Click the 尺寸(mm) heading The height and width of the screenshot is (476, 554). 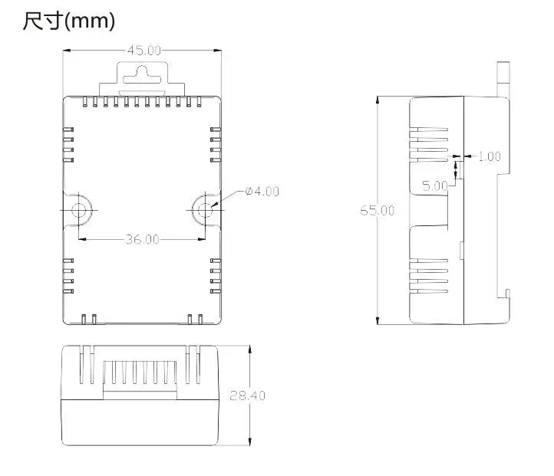click(69, 21)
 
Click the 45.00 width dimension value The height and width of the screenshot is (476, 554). click(144, 51)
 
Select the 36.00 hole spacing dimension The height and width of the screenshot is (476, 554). click(143, 240)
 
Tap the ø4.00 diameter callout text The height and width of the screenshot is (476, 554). click(262, 192)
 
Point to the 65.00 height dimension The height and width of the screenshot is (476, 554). click(378, 211)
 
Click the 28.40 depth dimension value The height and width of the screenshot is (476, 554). click(247, 396)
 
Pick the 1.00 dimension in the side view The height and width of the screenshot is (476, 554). click(490, 156)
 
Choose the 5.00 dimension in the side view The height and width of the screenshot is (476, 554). click(435, 185)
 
